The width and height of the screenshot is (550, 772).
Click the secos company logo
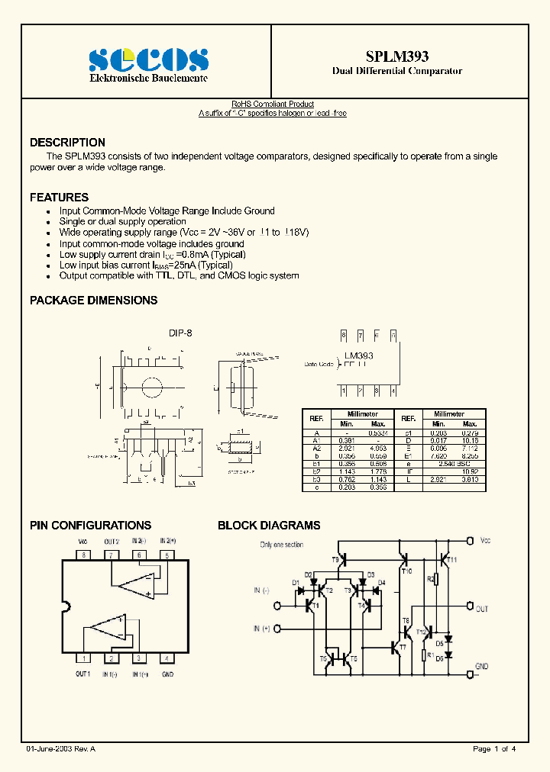click(148, 60)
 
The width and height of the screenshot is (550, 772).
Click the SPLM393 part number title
click(397, 56)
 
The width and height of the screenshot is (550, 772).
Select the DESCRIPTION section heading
click(67, 143)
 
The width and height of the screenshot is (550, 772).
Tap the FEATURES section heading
click(59, 197)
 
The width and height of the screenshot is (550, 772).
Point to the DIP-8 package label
click(180, 333)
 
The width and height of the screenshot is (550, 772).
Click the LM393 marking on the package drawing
click(358, 355)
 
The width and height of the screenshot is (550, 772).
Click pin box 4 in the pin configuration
click(167, 658)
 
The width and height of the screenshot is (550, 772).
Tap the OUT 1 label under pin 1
click(82, 674)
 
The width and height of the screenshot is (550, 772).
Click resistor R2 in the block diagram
click(431, 579)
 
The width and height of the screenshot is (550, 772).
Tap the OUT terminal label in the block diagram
click(481, 609)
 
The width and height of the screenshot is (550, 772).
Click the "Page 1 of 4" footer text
click(495, 749)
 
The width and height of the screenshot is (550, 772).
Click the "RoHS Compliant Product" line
click(273, 105)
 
